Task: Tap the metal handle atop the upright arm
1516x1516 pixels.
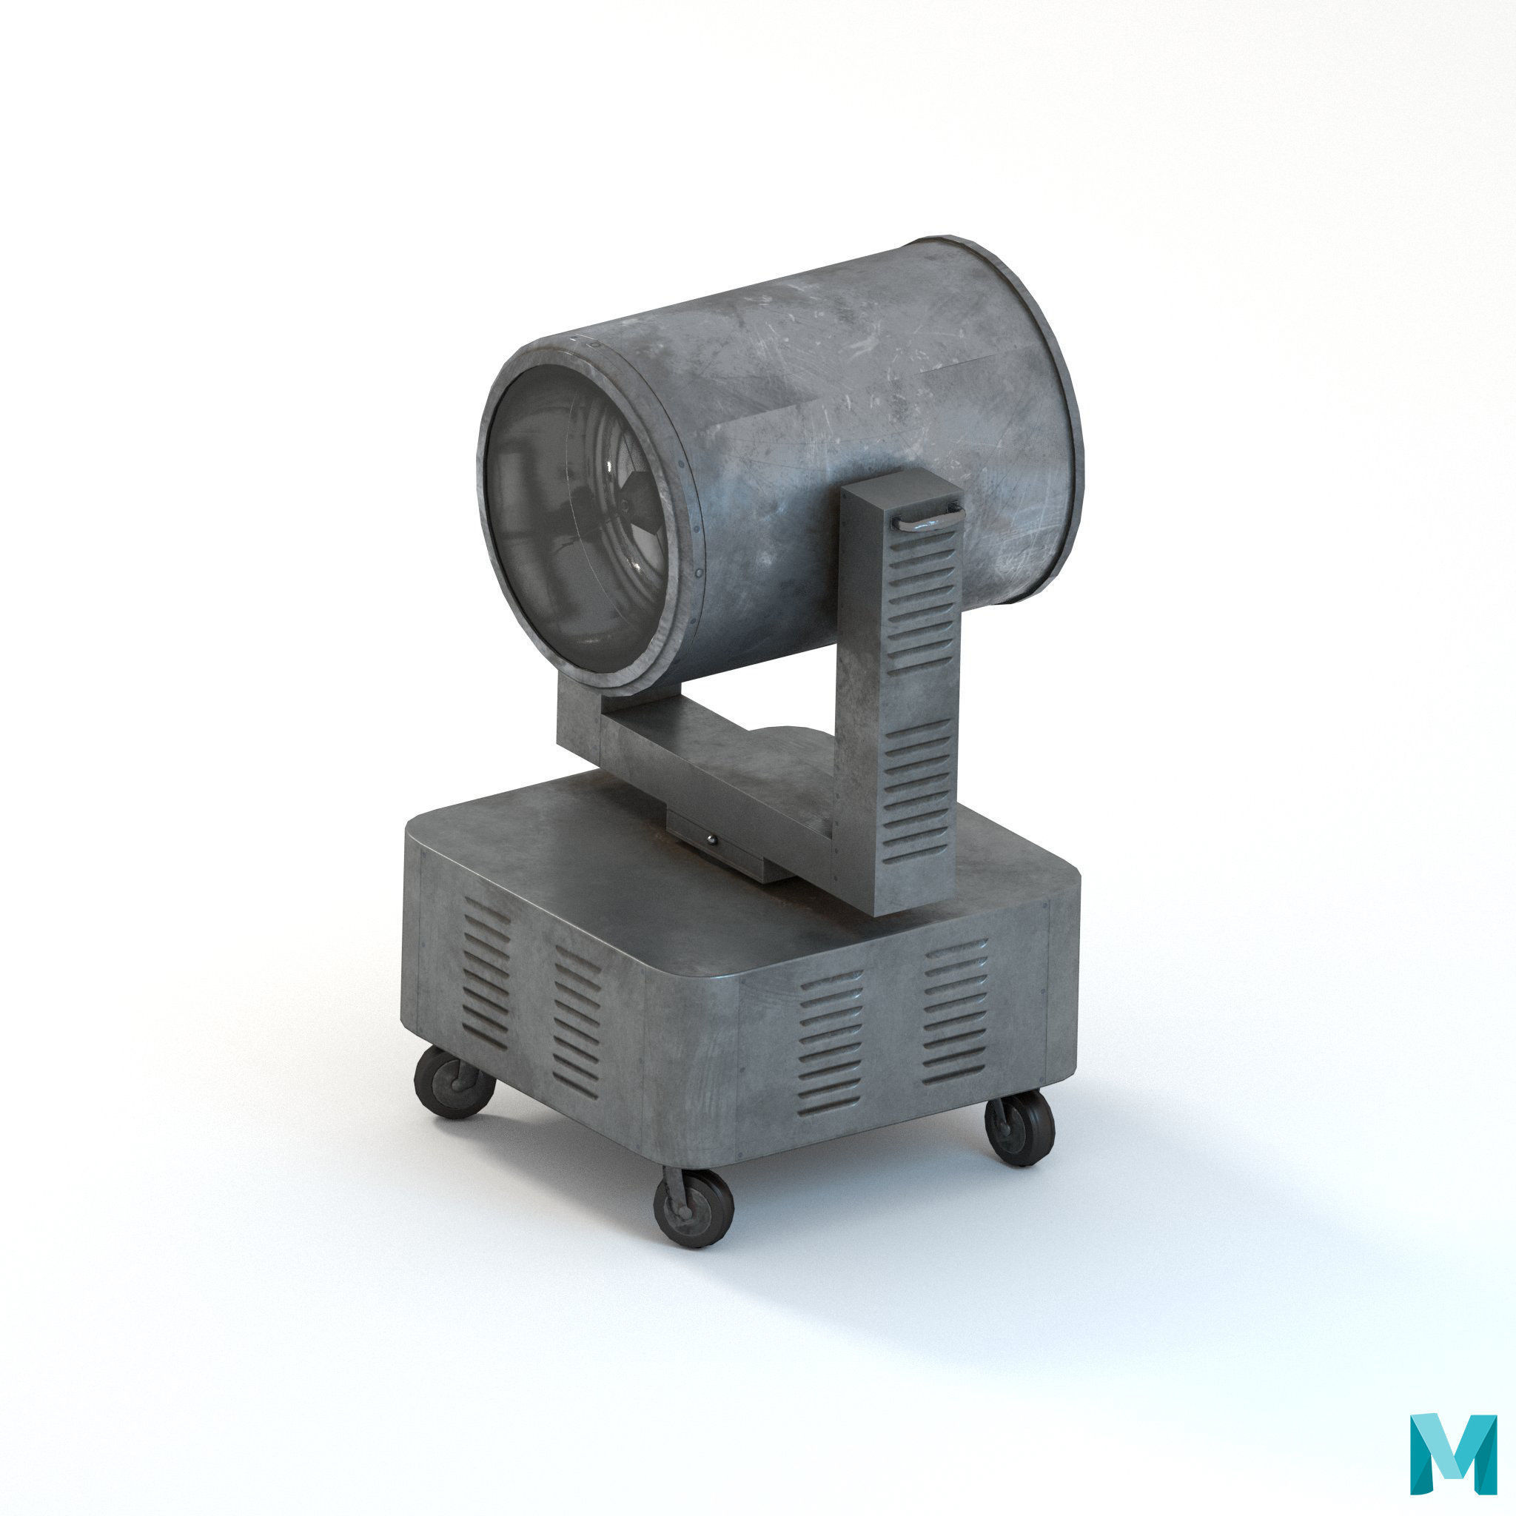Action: (930, 519)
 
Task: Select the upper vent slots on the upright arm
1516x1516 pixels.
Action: (923, 597)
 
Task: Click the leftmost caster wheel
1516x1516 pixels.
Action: (455, 1082)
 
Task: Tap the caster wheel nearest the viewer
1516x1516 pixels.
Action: (694, 1217)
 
